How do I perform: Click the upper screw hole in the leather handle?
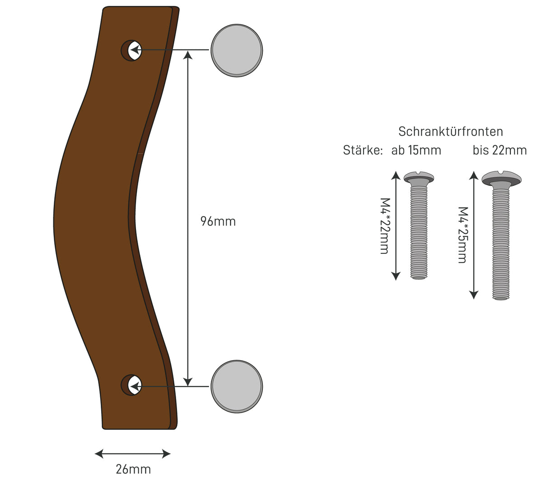click(x=131, y=51)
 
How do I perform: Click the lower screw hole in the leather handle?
click(x=131, y=385)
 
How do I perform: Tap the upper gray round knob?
click(x=237, y=51)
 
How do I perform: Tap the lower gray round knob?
click(x=237, y=386)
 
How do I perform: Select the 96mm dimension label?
click(x=218, y=221)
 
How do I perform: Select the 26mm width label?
click(x=133, y=469)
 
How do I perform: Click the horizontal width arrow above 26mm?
click(x=133, y=454)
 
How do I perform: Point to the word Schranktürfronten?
click(x=450, y=132)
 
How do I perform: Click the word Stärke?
click(x=363, y=150)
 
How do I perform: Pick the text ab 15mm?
click(x=416, y=150)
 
